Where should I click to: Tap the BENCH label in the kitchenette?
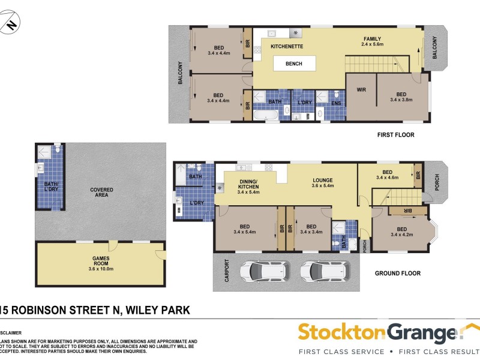[293, 64]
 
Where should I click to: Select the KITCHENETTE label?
[286, 46]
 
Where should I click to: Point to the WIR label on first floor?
[361, 91]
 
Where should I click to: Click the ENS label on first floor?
[336, 103]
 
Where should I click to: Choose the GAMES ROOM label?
[100, 261]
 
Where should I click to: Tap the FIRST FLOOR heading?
[395, 135]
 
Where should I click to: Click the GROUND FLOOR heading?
[397, 274]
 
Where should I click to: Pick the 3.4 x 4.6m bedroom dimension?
[387, 178]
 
